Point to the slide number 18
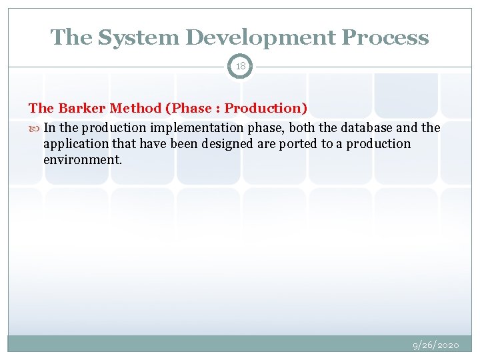(240, 67)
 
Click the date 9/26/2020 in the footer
(435, 345)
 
